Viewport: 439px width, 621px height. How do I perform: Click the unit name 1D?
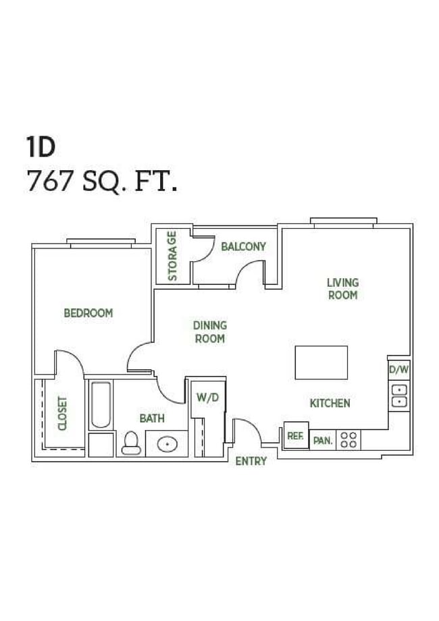tap(41, 146)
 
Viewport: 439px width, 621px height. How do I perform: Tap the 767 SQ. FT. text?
tap(102, 181)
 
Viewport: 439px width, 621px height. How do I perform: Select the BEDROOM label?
tap(88, 313)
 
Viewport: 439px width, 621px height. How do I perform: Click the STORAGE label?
tap(173, 256)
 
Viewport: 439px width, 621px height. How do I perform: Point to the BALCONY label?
tap(243, 247)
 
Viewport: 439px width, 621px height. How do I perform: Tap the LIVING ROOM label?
tap(342, 289)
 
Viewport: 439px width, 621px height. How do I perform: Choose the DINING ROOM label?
tap(210, 332)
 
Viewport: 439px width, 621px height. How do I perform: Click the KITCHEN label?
tap(330, 404)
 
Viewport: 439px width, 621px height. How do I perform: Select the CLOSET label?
tap(63, 413)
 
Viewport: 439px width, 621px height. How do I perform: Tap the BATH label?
tap(152, 418)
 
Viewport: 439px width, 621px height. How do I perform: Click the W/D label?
tap(208, 398)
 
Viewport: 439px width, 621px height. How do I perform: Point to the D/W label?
tap(399, 370)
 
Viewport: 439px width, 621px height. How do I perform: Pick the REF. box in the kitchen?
tap(295, 435)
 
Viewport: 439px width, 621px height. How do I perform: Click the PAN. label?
tap(323, 441)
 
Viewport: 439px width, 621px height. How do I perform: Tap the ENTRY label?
tap(251, 462)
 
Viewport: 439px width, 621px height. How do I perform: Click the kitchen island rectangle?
tap(321, 362)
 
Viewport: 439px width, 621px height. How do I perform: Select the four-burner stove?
tap(348, 440)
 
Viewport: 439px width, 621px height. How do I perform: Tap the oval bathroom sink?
tap(167, 445)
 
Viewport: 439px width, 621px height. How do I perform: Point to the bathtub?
tap(101, 405)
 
